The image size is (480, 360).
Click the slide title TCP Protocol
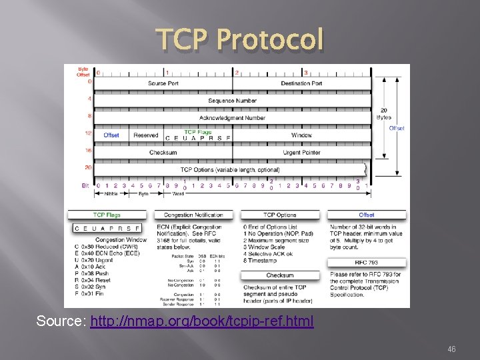pyautogui.click(x=240, y=40)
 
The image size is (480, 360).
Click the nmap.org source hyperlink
pyautogui.click(x=201, y=321)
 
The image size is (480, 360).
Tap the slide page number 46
pyautogui.click(x=451, y=349)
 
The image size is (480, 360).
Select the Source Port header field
pyautogui.click(x=163, y=83)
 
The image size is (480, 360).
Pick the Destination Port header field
pyautogui.click(x=301, y=83)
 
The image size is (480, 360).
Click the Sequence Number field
pyautogui.click(x=232, y=101)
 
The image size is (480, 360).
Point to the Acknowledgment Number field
pyautogui.click(x=232, y=118)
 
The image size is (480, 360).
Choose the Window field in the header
pyautogui.click(x=301, y=135)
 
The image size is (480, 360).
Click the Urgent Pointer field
pyautogui.click(x=301, y=153)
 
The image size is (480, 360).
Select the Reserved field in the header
pyautogui.click(x=145, y=135)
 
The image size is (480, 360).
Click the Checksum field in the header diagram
pyautogui.click(x=163, y=153)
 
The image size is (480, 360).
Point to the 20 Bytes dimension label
pyautogui.click(x=384, y=113)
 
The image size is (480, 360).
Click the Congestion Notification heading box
pyautogui.click(x=193, y=215)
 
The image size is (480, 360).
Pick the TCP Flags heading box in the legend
pyautogui.click(x=107, y=215)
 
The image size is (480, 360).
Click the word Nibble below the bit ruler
pyautogui.click(x=111, y=194)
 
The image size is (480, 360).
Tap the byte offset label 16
pyautogui.click(x=88, y=151)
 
